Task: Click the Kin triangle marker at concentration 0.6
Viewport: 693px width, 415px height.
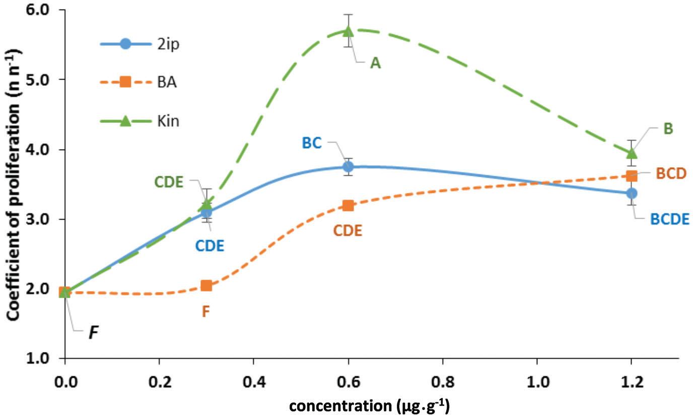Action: click(348, 31)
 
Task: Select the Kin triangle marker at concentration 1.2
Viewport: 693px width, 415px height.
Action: click(632, 152)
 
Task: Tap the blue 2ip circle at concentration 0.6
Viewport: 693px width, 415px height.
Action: click(348, 167)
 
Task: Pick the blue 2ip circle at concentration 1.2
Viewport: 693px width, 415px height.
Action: click(632, 193)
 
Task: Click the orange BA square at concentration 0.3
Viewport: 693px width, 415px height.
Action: click(206, 286)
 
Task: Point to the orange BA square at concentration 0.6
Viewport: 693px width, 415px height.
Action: click(348, 205)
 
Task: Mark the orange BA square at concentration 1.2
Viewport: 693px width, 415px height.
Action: click(632, 176)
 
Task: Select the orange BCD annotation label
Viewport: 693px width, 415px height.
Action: click(671, 173)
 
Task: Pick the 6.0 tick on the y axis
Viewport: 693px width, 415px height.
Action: click(42, 10)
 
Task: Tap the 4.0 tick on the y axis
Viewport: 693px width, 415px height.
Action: click(42, 150)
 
